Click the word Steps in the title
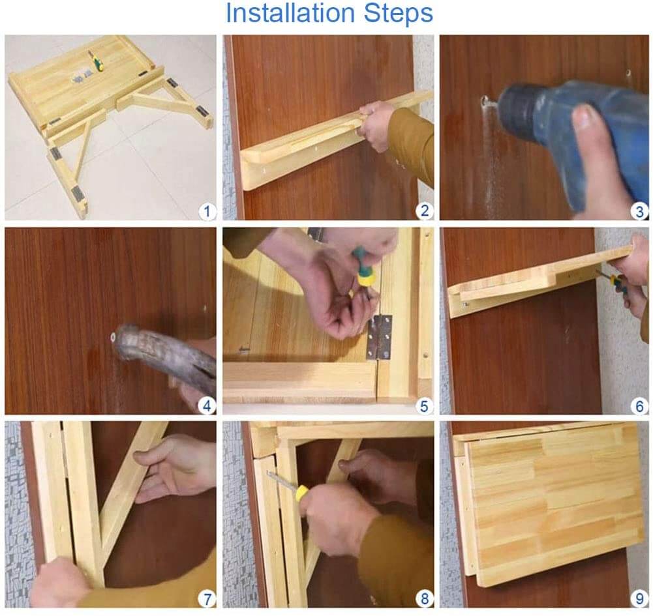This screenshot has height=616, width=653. pyautogui.click(x=398, y=13)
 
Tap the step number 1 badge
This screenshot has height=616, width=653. pyautogui.click(x=207, y=211)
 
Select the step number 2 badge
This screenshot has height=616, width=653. pyautogui.click(x=425, y=211)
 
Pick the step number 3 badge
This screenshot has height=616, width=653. pyautogui.click(x=640, y=211)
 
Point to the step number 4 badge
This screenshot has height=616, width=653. pyautogui.click(x=207, y=406)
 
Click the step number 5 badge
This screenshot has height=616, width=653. pyautogui.click(x=425, y=406)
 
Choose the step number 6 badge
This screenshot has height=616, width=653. pyautogui.click(x=640, y=406)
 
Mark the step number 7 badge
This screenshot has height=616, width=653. pyautogui.click(x=207, y=598)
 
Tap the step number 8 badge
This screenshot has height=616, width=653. pyautogui.click(x=425, y=598)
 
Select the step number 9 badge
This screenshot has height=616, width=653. pyautogui.click(x=640, y=598)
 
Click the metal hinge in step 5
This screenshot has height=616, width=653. pyautogui.click(x=380, y=337)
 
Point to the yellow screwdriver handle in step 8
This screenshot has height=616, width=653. pyautogui.click(x=301, y=492)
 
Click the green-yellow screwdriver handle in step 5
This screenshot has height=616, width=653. pyautogui.click(x=363, y=267)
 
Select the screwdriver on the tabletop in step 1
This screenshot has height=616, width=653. pyautogui.click(x=96, y=62)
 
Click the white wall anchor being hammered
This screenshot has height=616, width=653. pyautogui.click(x=113, y=338)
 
